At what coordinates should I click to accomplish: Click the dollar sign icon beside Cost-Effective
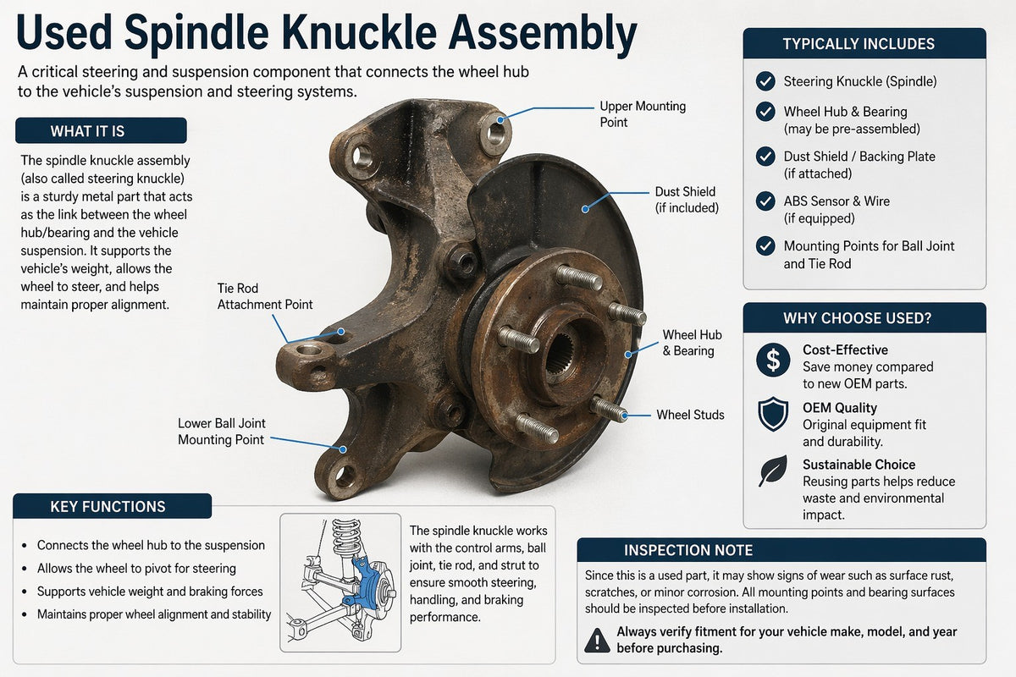pos(773,360)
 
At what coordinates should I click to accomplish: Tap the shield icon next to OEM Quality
pos(773,414)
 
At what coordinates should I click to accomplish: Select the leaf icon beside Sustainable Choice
pos(773,471)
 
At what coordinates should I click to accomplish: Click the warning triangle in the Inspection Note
pos(598,640)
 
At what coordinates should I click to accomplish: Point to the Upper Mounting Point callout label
pos(643,114)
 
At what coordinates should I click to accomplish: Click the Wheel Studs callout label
pos(690,415)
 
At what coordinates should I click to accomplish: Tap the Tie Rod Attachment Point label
pos(265,296)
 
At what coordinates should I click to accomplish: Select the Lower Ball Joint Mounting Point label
pos(221,432)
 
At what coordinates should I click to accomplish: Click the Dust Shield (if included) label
pos(687,200)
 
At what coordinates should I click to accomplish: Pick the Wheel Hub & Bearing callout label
pos(692,343)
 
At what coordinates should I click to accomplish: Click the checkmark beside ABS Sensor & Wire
pos(765,201)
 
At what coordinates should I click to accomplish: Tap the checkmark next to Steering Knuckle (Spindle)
pos(765,81)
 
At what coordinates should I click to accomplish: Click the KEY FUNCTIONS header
pos(108,507)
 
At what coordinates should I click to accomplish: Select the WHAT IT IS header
pos(101,131)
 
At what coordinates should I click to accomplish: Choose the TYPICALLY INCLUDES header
pos(864,43)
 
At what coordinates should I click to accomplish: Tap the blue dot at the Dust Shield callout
pos(585,209)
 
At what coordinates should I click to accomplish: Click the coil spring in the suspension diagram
pos(347,538)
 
